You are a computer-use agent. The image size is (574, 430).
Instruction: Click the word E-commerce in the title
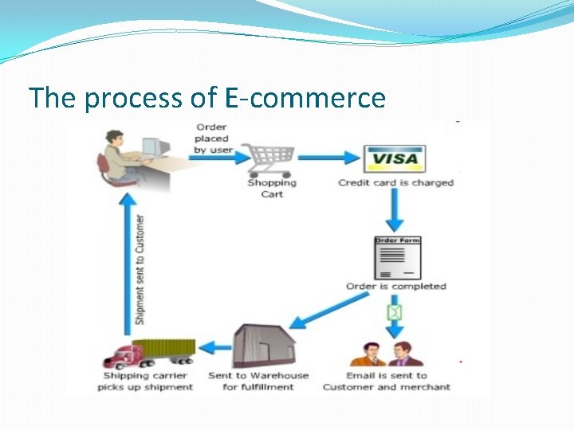pos(305,98)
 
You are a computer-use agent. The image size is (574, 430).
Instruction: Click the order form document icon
pos(398,257)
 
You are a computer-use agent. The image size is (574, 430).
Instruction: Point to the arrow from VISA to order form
pos(395,211)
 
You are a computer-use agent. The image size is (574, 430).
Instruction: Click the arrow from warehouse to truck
pos(213,347)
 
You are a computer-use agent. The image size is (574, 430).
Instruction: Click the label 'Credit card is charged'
pos(395,182)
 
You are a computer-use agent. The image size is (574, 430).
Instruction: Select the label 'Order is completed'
pos(395,286)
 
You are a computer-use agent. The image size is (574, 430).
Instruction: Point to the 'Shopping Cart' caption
pos(272,188)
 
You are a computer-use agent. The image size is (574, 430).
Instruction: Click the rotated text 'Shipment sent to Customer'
pos(140,269)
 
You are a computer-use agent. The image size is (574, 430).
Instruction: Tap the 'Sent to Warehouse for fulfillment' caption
pos(258,381)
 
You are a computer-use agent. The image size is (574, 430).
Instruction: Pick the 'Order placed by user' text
pos(211,138)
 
